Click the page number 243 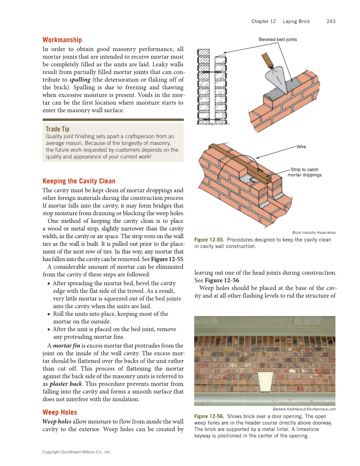pos(331,21)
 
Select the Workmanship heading pos(62,40)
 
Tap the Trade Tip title pos(57,129)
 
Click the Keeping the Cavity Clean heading pos(78,181)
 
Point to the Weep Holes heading pos(59,412)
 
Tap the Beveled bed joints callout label pos(278,39)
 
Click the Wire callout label pos(301,147)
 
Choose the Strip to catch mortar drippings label pos(304,172)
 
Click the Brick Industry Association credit pos(314,232)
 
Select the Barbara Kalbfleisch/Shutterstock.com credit pos(304,409)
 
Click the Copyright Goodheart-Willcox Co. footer pos(76,452)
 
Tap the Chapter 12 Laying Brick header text pos(280,21)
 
